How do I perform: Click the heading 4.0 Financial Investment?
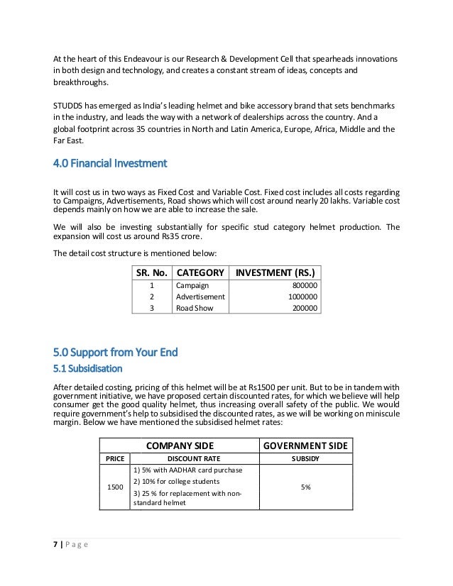[109, 164]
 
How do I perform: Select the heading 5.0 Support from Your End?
[116, 352]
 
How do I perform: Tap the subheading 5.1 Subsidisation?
[88, 369]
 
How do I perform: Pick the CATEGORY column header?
[200, 272]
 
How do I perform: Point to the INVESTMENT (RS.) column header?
[275, 272]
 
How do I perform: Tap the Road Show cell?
[195, 309]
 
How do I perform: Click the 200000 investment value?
[303, 309]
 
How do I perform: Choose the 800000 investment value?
[303, 286]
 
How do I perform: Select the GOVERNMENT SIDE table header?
[305, 445]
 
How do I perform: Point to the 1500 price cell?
[114, 487]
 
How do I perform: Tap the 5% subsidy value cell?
[305, 487]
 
